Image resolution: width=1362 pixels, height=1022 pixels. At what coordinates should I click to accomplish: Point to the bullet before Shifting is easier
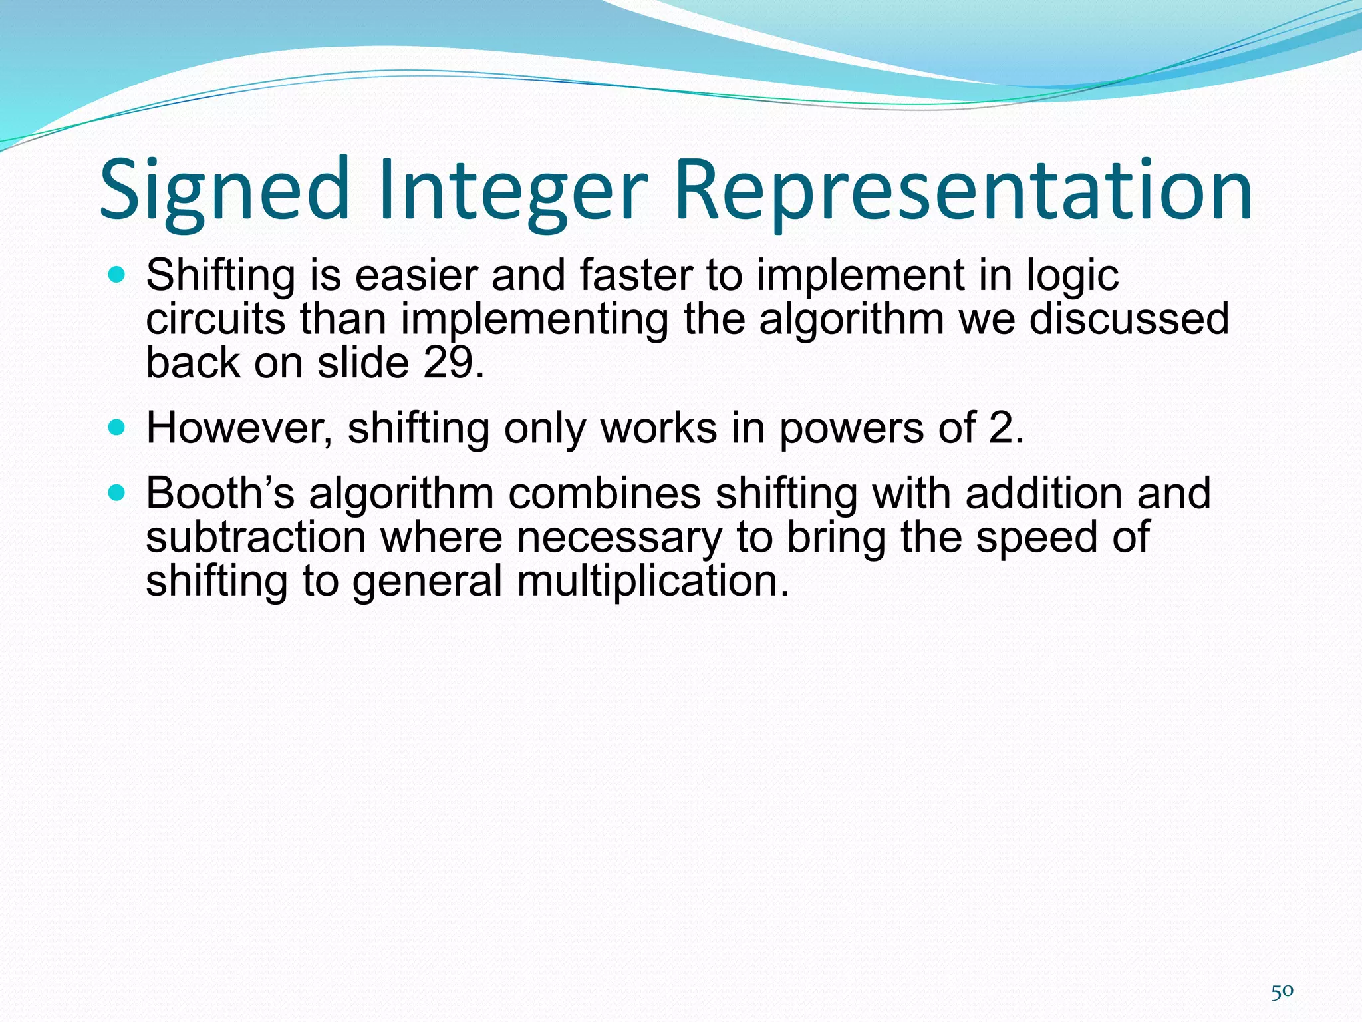(116, 275)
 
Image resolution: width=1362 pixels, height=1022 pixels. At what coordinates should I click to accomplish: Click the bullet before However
(116, 427)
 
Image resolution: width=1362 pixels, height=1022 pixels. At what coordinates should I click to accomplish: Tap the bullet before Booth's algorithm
(116, 493)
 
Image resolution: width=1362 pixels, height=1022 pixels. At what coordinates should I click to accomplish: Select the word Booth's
(219, 493)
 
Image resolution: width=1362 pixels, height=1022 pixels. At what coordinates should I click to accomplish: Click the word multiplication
(652, 580)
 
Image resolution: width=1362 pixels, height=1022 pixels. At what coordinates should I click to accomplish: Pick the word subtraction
(256, 537)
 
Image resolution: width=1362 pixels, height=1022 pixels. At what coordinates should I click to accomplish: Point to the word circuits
(215, 319)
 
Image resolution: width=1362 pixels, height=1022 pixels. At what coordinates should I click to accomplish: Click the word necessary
(618, 537)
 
